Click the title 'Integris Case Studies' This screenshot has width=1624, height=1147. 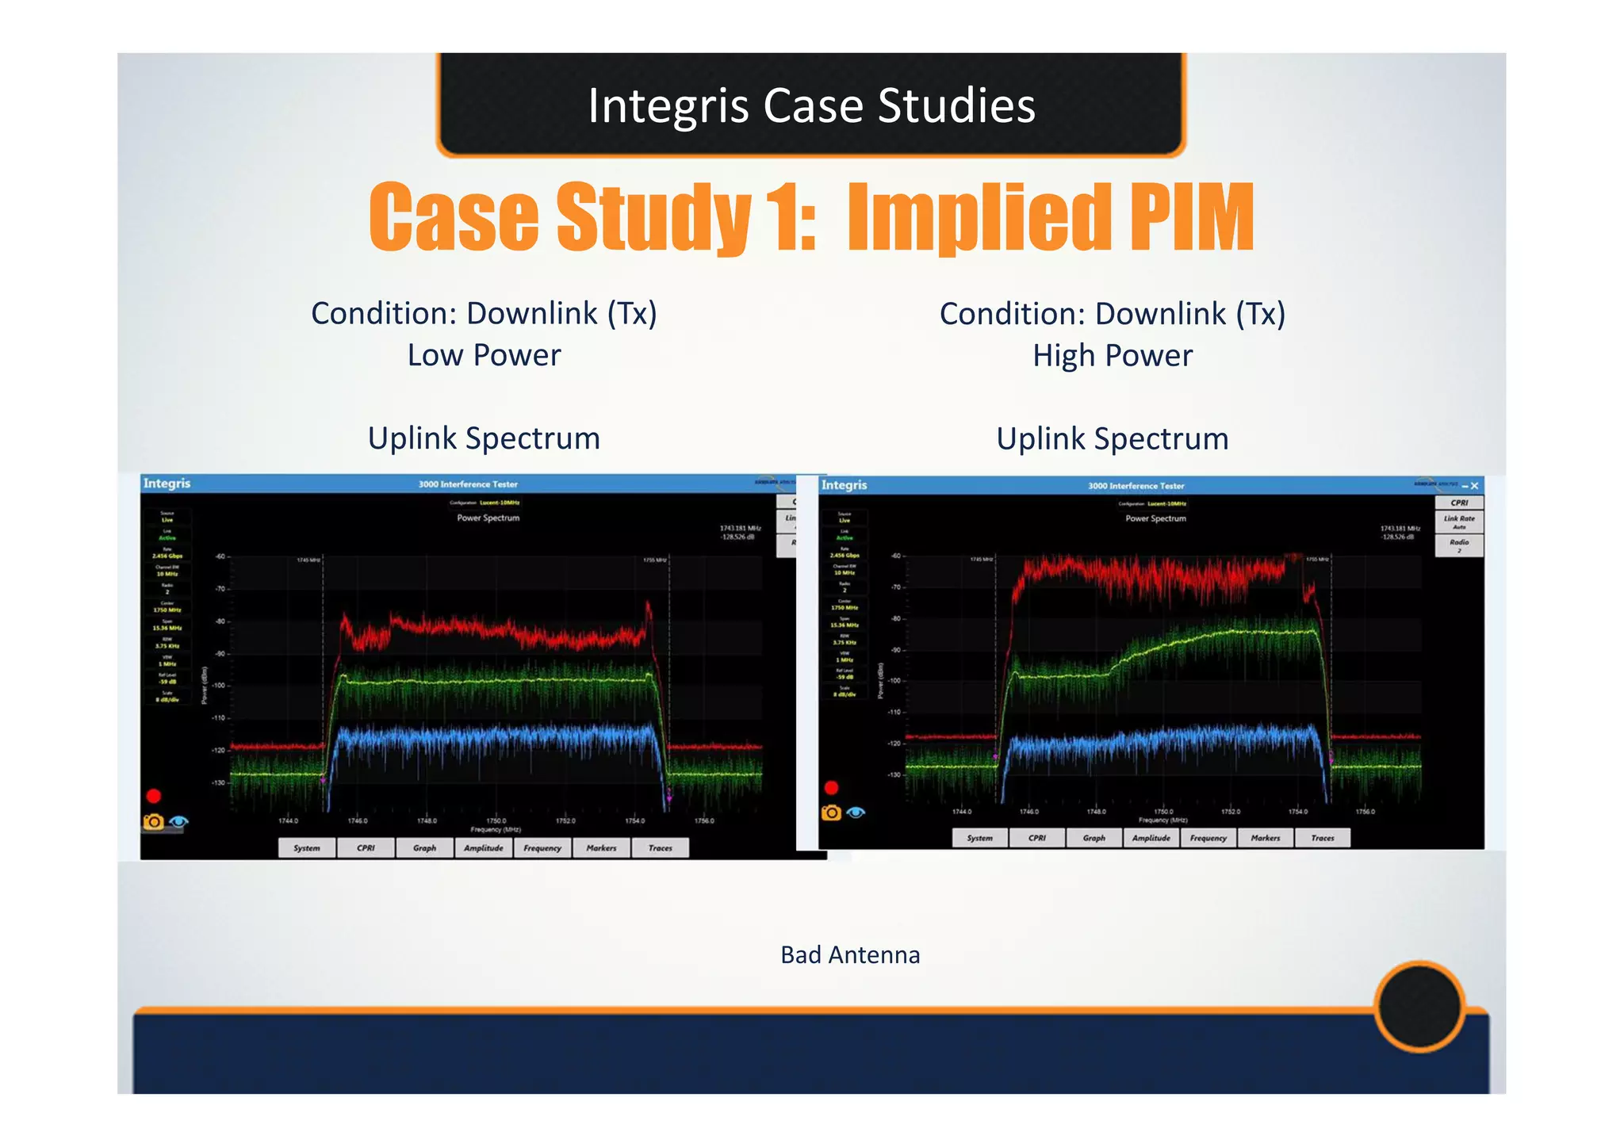click(x=811, y=105)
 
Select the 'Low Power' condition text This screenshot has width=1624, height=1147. click(x=484, y=355)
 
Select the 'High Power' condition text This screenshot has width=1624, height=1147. click(x=1112, y=356)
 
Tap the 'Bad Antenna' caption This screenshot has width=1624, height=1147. click(x=850, y=954)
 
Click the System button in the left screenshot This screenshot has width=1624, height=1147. click(x=307, y=848)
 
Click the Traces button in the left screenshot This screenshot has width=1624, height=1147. click(x=660, y=848)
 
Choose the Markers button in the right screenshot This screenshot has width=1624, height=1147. click(x=1265, y=838)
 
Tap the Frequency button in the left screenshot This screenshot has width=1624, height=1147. click(x=542, y=848)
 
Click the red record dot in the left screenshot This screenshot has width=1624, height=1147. click(x=154, y=796)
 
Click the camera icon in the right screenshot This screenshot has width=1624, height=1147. click(x=831, y=812)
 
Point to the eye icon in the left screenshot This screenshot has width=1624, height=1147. click(x=179, y=822)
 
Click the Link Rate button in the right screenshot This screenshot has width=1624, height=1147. click(x=1459, y=522)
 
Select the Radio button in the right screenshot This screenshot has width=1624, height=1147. click(x=1459, y=545)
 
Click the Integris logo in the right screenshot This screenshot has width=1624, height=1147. click(x=845, y=485)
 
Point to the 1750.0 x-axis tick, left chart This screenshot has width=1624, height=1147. click(x=496, y=821)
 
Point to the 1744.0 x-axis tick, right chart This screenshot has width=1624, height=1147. click(x=961, y=812)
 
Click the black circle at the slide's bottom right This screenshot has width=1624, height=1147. click(x=1419, y=1006)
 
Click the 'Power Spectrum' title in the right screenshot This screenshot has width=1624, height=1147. click(x=1155, y=518)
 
